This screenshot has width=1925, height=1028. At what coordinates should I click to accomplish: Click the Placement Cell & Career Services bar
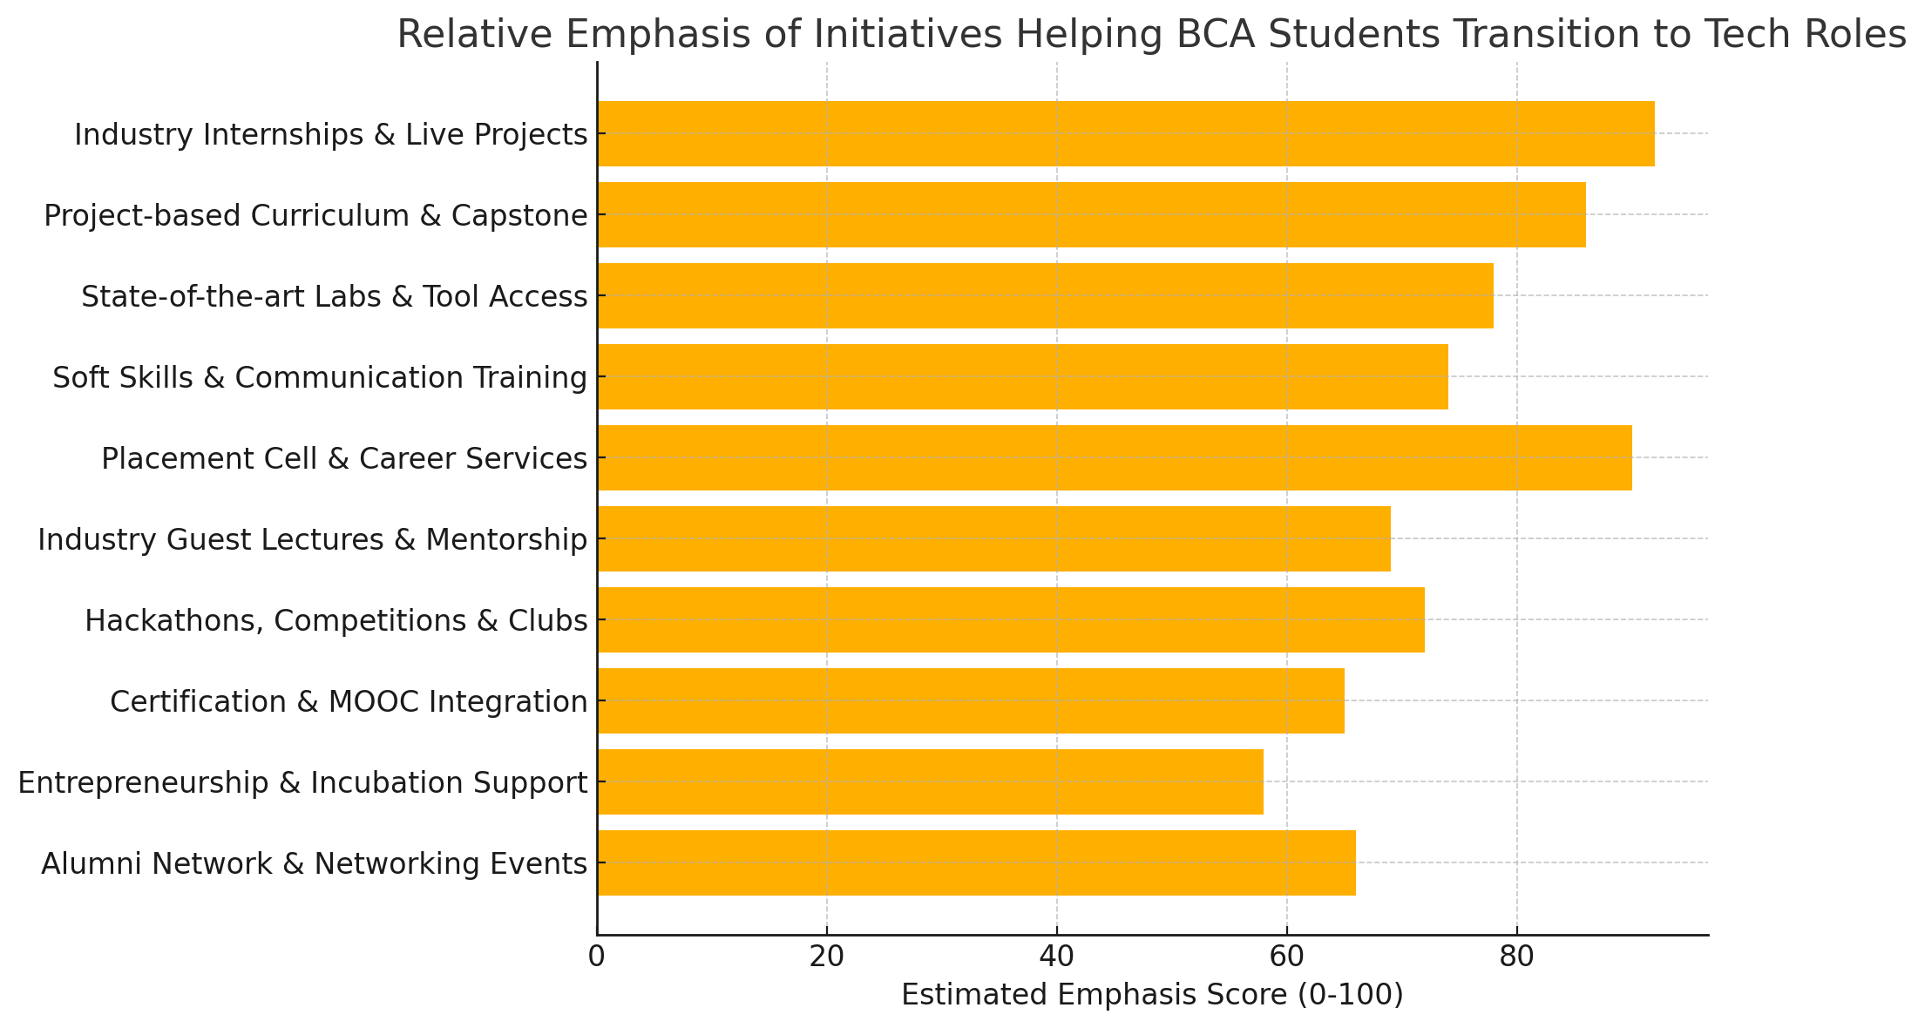pos(1115,457)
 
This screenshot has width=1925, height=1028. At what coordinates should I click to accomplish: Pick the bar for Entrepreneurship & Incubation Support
pos(930,781)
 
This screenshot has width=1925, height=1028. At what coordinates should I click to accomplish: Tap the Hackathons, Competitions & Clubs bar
pos(1011,619)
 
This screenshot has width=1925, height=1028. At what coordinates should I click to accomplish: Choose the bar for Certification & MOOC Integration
pos(971,700)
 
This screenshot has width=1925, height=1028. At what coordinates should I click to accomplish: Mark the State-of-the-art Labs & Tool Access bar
pos(1045,295)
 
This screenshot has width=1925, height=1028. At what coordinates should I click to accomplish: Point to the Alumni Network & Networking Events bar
pos(976,862)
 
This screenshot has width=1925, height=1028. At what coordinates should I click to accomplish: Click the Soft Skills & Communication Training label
pos(320,377)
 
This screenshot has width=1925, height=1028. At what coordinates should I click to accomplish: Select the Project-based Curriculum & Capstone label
pos(315,215)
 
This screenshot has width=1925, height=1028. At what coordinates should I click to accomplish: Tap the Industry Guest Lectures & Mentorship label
pos(313,539)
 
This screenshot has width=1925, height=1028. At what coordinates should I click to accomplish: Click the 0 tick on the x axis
pos(597,957)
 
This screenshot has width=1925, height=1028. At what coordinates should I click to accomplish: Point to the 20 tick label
pos(827,957)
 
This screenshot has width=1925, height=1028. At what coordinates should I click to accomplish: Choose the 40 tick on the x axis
pos(1057,957)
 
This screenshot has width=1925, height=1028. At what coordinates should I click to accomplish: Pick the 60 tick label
pos(1287,957)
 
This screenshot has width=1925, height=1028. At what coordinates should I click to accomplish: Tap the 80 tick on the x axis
pos(1517,957)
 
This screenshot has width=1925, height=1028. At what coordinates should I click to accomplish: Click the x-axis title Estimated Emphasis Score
pos(1152,995)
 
